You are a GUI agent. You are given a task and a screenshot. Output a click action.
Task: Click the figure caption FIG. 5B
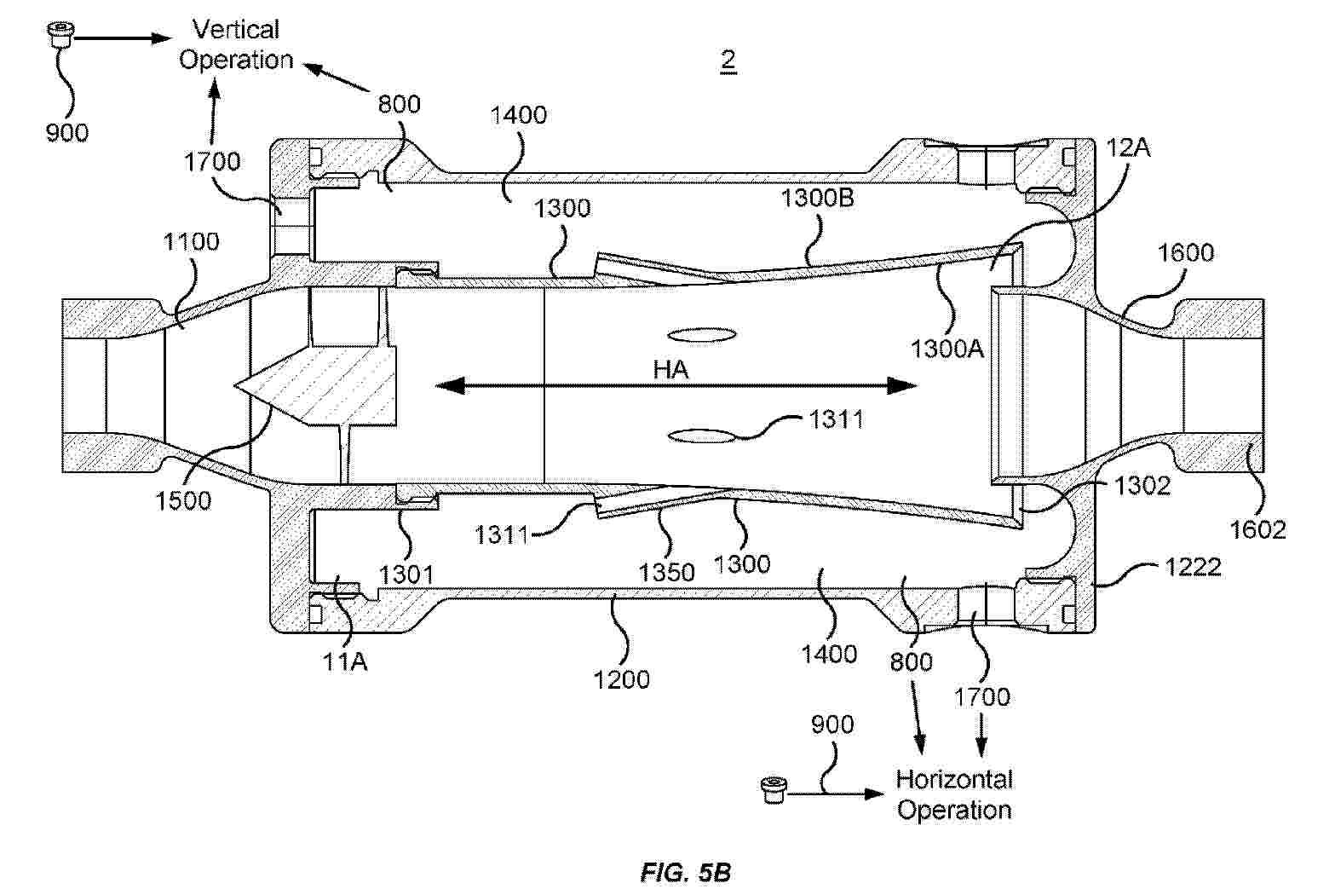(x=685, y=872)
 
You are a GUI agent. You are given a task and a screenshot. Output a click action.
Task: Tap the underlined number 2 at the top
(x=728, y=61)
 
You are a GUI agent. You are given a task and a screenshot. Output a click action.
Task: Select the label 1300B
(x=817, y=198)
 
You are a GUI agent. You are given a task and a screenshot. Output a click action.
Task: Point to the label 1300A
(x=947, y=349)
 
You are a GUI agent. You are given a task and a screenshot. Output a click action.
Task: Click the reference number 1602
(x=1257, y=528)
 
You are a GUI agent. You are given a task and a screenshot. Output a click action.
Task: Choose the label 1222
(x=1194, y=567)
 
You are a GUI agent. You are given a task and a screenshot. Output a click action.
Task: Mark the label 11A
(x=344, y=661)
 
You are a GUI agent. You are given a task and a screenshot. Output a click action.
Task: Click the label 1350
(x=667, y=573)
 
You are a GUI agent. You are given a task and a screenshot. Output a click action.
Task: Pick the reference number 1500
(x=183, y=500)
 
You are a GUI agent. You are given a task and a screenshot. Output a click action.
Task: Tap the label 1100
(x=191, y=241)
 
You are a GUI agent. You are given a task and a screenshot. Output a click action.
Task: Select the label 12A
(x=1128, y=147)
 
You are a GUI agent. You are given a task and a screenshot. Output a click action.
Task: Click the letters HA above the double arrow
(x=670, y=370)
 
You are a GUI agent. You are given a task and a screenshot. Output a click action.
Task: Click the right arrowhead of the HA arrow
(x=902, y=386)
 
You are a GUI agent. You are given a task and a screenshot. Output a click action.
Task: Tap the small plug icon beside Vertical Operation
(x=60, y=35)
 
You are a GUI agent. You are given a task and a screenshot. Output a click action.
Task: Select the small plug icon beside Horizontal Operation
(x=774, y=790)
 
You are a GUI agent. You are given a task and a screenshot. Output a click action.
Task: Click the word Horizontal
(x=954, y=779)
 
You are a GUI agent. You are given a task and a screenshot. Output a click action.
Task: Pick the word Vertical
(x=236, y=29)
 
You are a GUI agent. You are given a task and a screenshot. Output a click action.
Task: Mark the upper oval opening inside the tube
(x=701, y=335)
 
